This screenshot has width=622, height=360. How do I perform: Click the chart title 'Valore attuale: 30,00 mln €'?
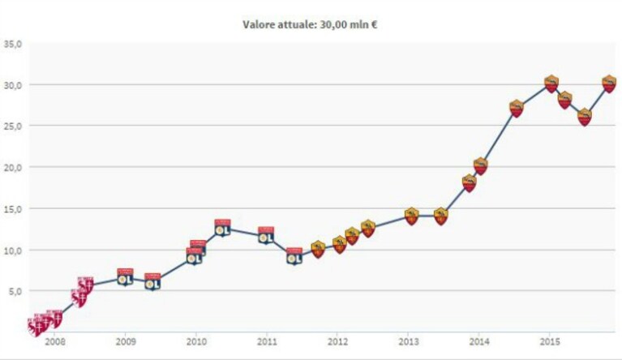310,25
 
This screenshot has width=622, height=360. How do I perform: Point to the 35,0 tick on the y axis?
13,44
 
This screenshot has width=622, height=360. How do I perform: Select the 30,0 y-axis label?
13,85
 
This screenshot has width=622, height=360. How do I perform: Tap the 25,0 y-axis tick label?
13,126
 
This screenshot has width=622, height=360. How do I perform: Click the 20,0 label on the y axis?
13,167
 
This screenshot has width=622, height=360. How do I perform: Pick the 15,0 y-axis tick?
13,208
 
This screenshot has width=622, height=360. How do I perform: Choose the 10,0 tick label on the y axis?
13,251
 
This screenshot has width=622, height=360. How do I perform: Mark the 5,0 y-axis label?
15,291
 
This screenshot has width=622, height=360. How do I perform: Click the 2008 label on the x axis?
55,342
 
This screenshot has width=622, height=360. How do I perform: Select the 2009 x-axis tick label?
126,342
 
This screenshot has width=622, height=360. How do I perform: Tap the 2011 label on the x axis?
267,342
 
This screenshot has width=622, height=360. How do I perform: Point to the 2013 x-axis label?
408,342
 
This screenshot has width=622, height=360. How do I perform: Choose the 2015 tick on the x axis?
549,342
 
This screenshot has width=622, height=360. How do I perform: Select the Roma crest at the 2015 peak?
551,84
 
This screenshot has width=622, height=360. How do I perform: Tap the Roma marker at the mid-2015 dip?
585,117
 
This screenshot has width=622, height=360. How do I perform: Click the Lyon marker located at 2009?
126,277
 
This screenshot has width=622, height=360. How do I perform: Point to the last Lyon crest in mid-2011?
294,256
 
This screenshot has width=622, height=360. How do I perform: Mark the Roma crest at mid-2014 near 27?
517,108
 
